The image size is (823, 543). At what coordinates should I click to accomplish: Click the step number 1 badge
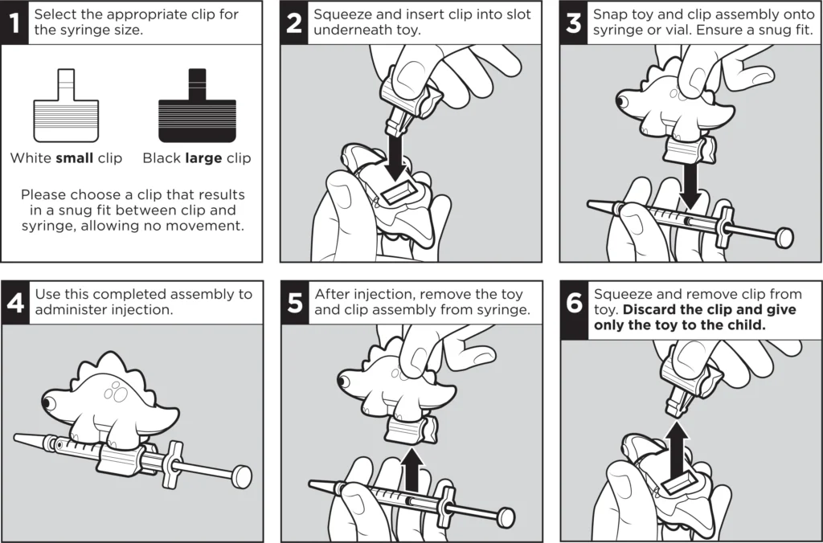[14, 22]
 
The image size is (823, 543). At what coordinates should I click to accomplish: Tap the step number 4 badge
[14, 303]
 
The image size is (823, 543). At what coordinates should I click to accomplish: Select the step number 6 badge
[574, 310]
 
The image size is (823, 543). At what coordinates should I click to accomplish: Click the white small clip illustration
[66, 105]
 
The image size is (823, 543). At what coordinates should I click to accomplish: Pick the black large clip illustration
[198, 105]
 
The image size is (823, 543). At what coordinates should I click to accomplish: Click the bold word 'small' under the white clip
[75, 158]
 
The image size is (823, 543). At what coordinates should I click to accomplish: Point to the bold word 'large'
[204, 158]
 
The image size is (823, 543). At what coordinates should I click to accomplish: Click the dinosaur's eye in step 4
[49, 403]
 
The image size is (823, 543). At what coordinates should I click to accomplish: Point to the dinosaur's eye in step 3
[623, 100]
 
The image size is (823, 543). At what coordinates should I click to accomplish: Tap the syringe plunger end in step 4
[242, 477]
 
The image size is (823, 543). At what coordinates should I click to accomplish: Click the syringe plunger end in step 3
[784, 238]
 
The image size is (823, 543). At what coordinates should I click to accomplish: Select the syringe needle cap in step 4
[31, 441]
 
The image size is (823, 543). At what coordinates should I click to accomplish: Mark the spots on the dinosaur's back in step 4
[116, 392]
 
